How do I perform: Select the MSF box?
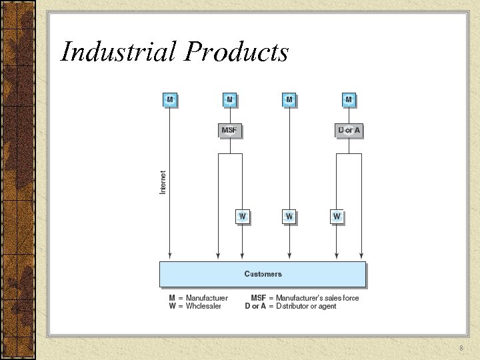coord(229,130)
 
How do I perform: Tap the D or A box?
coord(349,130)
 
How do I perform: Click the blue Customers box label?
coord(263,274)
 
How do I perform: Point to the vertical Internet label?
coord(163,182)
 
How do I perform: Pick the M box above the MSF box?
coord(229,100)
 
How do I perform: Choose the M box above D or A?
coord(349,100)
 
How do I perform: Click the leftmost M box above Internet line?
coord(170,100)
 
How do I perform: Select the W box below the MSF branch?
coord(243,217)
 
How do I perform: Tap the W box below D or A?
coord(337,217)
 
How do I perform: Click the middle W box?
coord(289,217)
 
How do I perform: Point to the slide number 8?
coord(461,349)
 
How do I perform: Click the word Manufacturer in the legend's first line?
coord(207,298)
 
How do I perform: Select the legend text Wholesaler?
coord(203,306)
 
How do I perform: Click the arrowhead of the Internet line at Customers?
coord(170,256)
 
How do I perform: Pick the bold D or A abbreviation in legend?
coord(255,306)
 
